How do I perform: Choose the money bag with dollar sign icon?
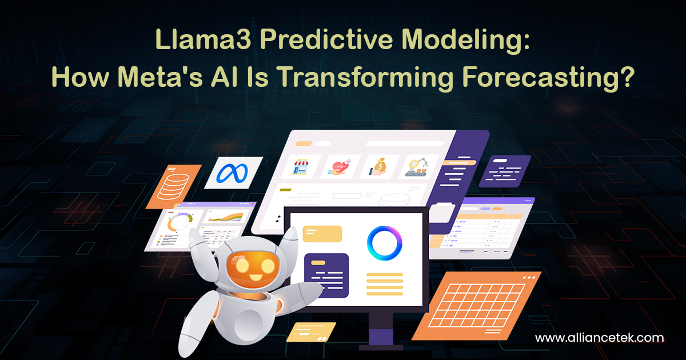click(378, 166)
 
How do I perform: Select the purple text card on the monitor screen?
click(326, 274)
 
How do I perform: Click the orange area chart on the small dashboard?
click(225, 217)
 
